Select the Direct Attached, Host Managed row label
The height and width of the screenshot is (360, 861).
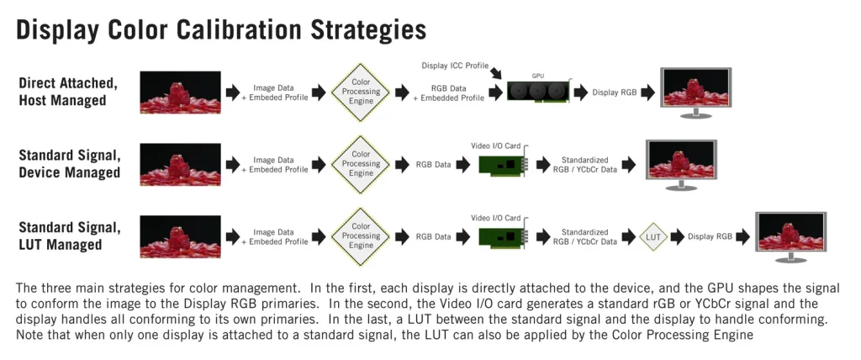68,92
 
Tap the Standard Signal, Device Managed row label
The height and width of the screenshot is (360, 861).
70,164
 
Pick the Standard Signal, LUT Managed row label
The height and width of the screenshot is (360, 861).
70,236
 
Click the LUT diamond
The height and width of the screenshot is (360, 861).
653,236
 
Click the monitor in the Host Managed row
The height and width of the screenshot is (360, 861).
695,91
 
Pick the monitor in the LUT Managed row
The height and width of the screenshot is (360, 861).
790,236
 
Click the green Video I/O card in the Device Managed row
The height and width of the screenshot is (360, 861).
502,165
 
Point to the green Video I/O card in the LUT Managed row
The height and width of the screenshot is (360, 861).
502,236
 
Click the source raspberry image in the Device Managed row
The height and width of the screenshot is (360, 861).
181,164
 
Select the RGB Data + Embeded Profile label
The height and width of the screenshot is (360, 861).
452,93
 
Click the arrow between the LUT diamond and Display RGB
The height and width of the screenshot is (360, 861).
676,236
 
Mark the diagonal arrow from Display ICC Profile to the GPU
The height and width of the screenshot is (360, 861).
497,74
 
